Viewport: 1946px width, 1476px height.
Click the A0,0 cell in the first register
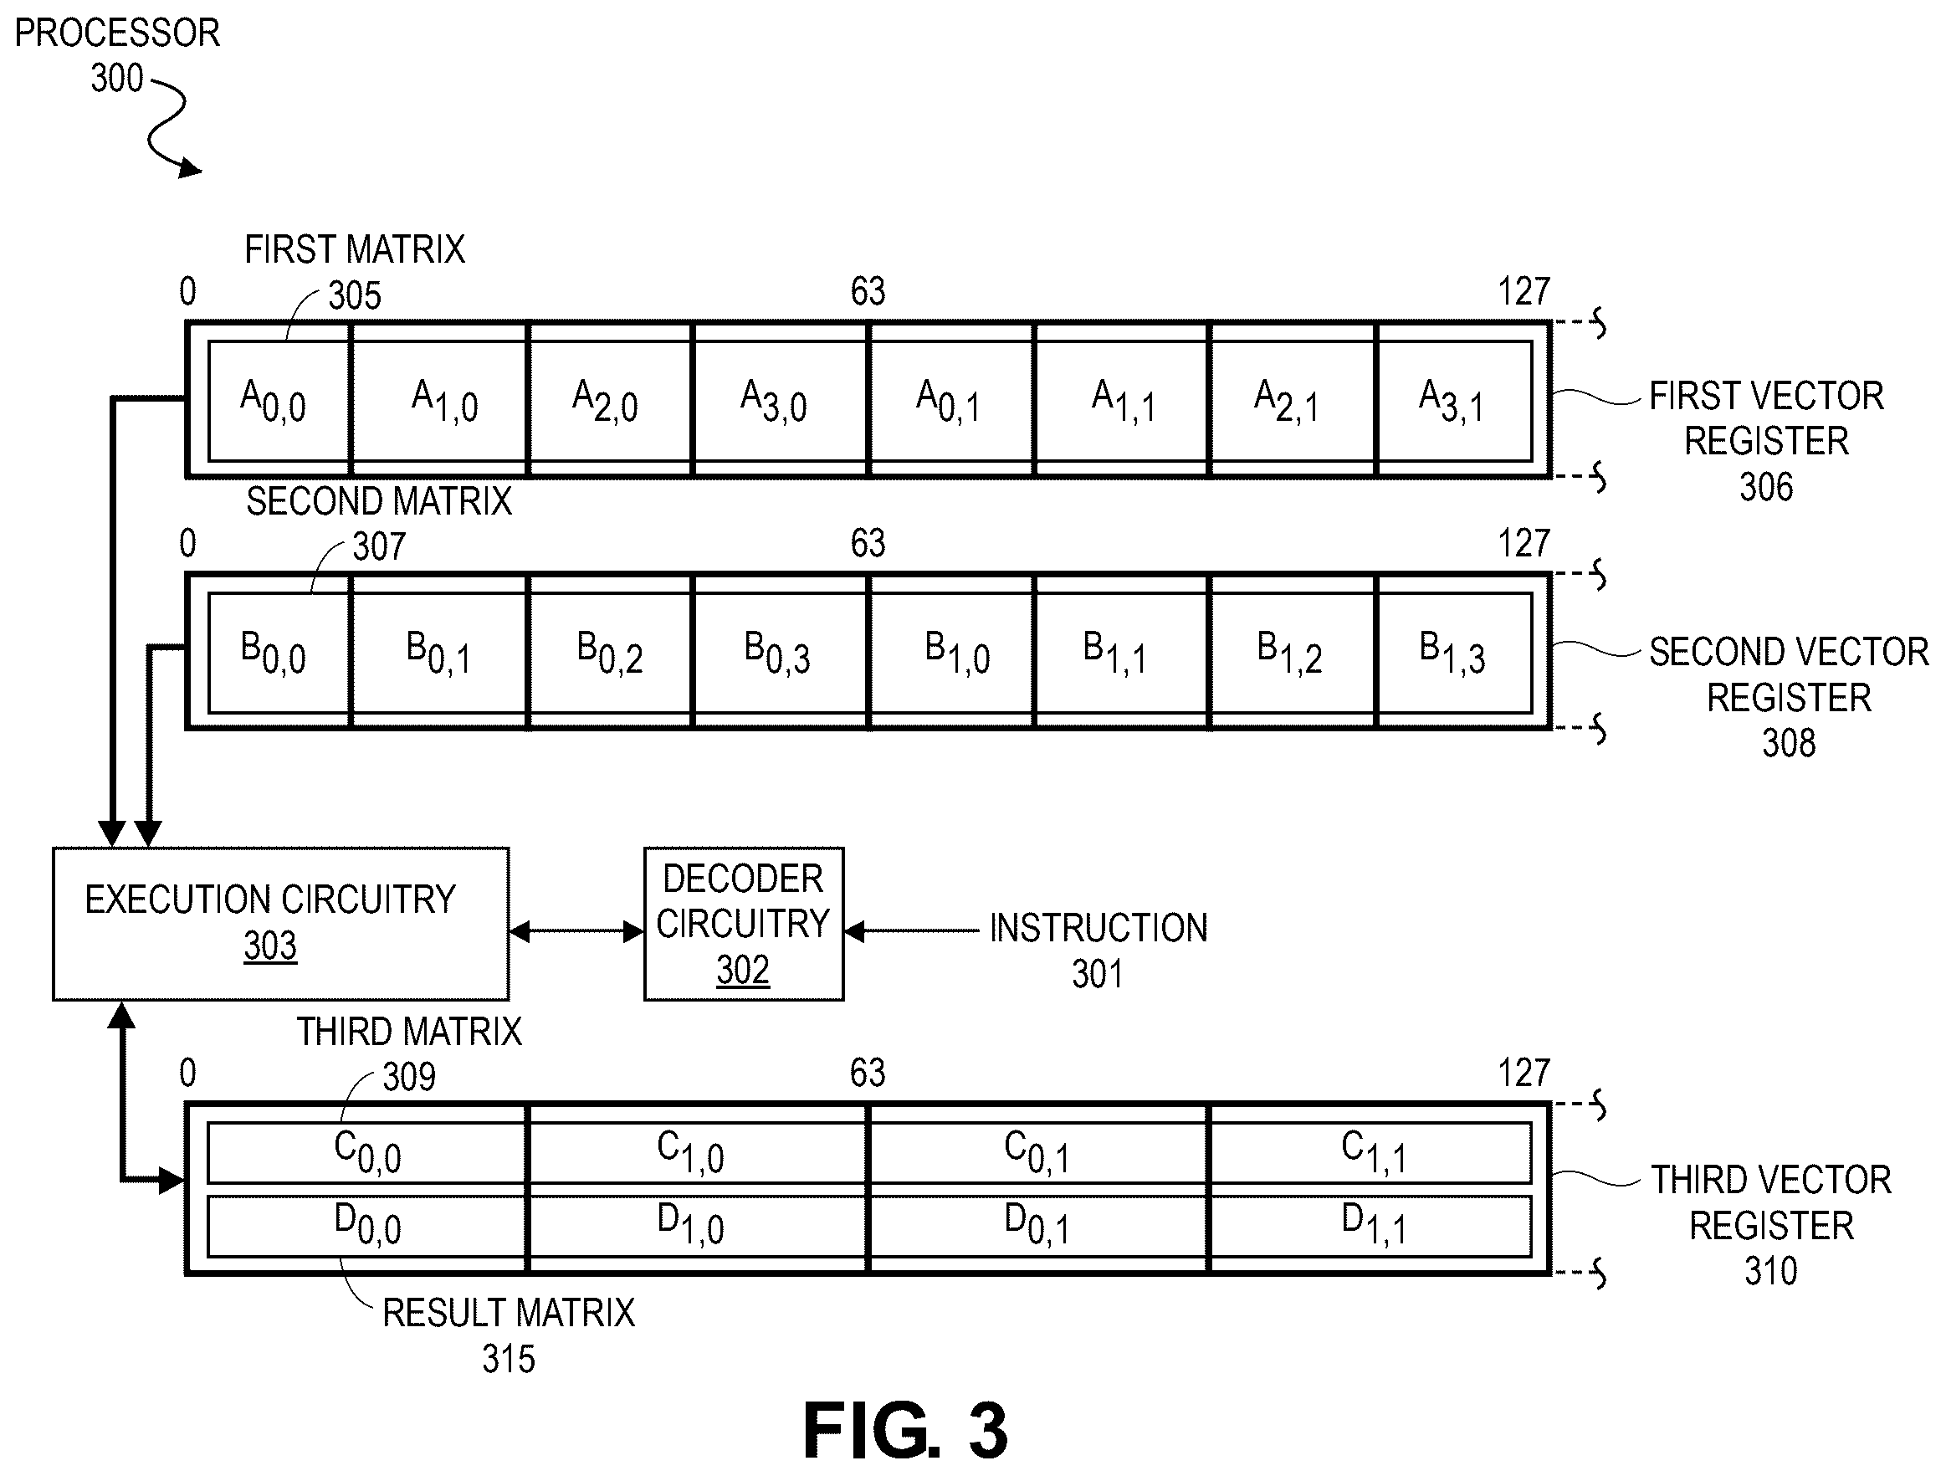coord(278,401)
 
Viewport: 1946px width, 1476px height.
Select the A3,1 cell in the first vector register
coord(1454,401)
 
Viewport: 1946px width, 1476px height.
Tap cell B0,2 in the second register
coord(610,653)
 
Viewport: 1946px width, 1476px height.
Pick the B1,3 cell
coord(1454,653)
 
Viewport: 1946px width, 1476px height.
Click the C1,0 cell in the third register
coord(696,1152)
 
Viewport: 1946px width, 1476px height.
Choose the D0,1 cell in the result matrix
coord(1038,1225)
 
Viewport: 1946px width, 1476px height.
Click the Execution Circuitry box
coord(280,924)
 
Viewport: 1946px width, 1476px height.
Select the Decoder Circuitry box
coord(744,924)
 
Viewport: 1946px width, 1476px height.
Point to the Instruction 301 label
coord(1098,950)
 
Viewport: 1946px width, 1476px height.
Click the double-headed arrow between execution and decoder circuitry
coord(576,931)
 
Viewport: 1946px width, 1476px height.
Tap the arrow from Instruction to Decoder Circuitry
coord(911,930)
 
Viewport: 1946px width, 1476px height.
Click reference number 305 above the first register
coord(355,295)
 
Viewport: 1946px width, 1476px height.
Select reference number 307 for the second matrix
coord(379,546)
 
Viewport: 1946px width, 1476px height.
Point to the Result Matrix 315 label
coord(509,1335)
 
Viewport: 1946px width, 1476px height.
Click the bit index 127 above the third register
coord(1524,1074)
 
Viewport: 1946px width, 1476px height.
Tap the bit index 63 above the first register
coord(868,291)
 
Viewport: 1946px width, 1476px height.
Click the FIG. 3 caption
coord(905,1430)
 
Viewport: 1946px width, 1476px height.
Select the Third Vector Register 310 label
coord(1771,1225)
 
